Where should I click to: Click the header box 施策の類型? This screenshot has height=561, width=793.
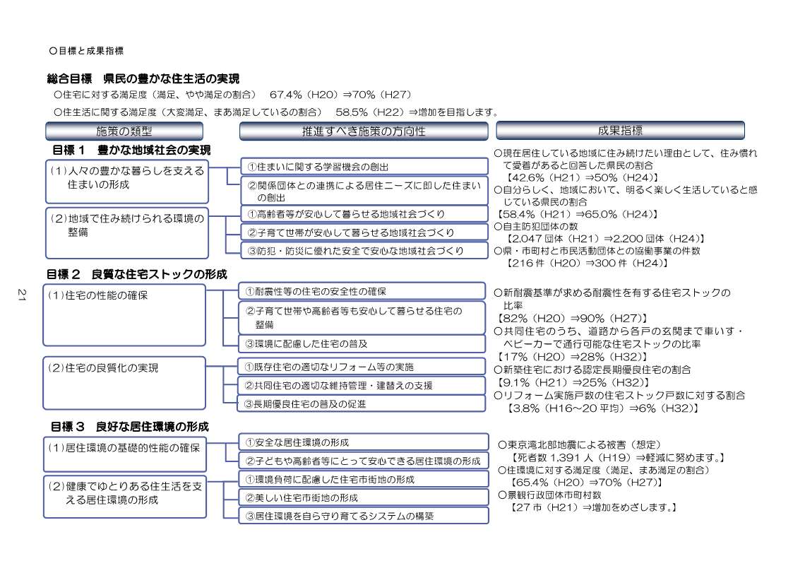point(124,131)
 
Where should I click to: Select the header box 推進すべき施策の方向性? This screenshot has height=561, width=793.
point(363,131)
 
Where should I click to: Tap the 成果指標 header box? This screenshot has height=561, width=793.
point(620,130)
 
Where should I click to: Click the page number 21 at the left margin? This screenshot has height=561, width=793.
point(22,297)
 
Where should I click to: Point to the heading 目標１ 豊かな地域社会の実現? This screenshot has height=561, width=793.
point(131,150)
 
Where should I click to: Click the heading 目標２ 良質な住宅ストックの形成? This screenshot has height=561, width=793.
point(136,274)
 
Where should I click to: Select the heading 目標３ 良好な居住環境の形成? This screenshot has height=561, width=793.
point(129,427)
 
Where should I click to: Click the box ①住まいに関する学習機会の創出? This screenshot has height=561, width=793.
point(364,167)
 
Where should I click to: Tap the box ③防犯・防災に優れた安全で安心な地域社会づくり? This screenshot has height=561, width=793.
point(364,250)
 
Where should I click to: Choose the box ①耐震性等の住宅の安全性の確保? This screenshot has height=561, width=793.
point(364,291)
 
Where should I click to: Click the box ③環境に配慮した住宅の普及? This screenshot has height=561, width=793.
point(364,343)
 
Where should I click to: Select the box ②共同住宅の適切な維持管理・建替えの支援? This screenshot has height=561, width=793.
point(364,386)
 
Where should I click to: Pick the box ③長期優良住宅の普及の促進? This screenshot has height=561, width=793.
point(364,404)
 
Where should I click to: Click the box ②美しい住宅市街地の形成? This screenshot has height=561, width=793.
point(364,497)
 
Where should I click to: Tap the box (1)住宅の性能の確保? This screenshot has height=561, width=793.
point(124,315)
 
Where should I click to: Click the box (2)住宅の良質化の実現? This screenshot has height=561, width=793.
point(124,382)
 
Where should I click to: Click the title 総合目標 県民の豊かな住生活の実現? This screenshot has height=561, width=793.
point(143,78)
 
